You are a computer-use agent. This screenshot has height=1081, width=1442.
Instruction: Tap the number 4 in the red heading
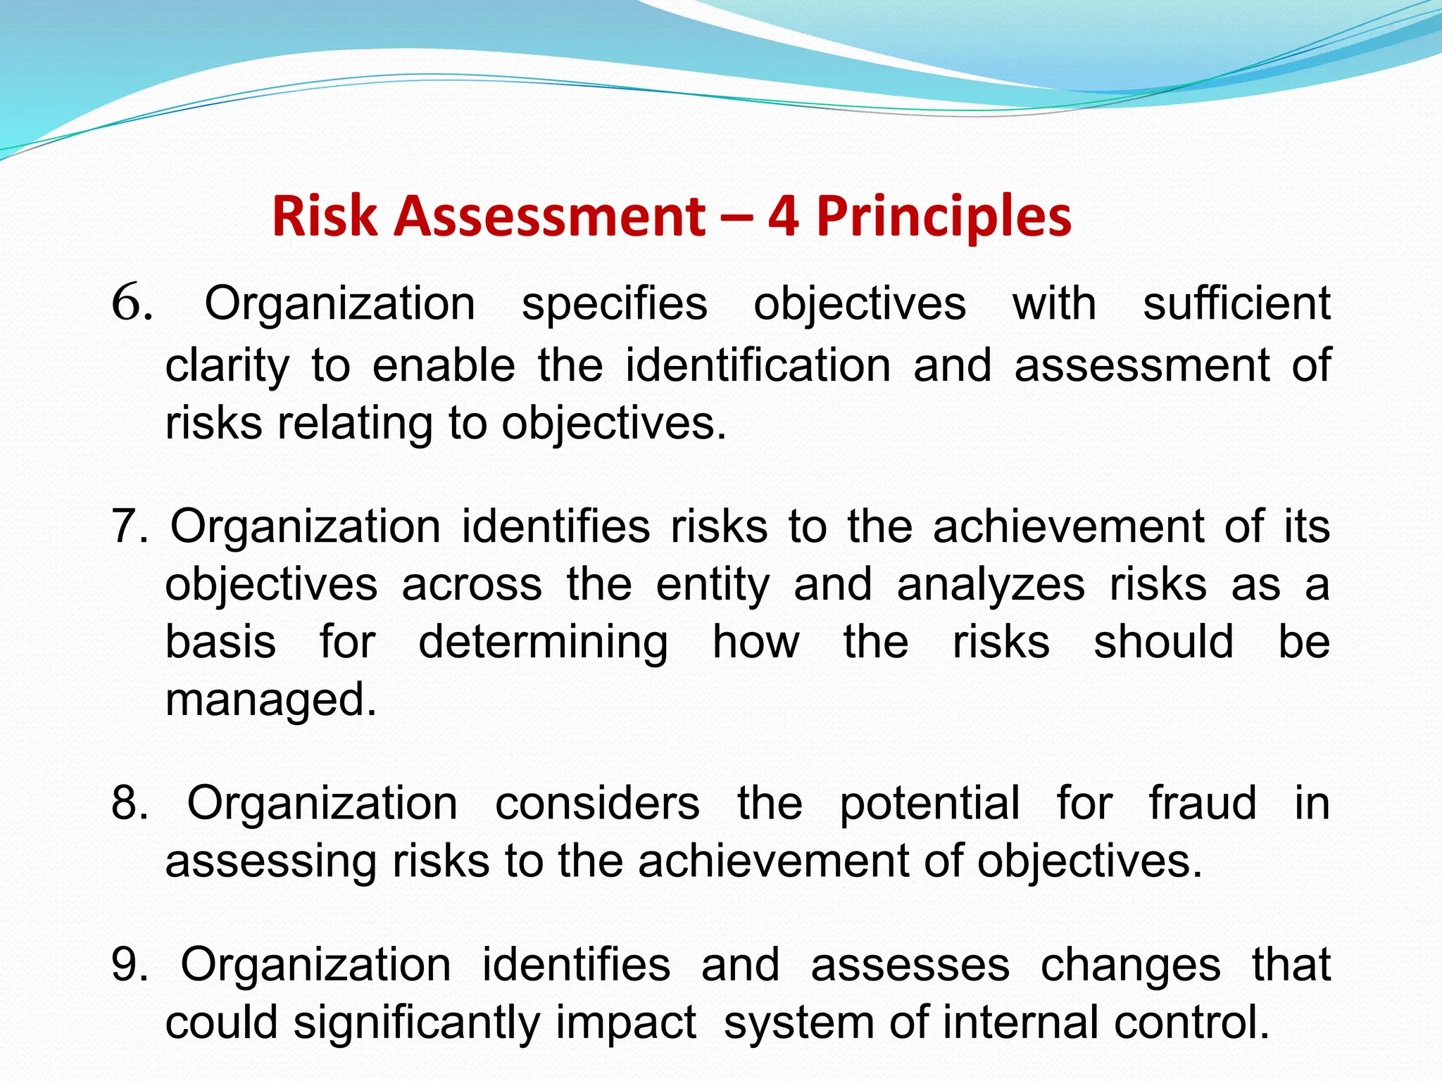pos(783,216)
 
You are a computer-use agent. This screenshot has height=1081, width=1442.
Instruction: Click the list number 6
pos(132,304)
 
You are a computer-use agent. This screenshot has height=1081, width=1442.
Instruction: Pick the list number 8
pos(130,803)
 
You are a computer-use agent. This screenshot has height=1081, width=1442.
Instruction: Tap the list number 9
pos(130,965)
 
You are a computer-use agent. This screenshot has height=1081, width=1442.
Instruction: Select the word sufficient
pos(1236,304)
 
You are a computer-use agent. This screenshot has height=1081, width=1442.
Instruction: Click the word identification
pos(758,366)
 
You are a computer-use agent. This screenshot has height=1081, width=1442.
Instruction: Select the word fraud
pos(1203,803)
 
